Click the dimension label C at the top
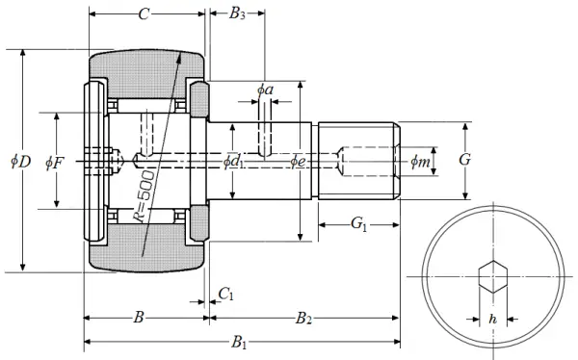coord(144,14)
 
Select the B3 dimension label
coord(237,14)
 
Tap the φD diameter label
coord(21,161)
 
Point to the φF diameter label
coord(55,162)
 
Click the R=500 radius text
coord(144,196)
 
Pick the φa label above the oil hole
coord(265,90)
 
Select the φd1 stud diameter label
coord(234,162)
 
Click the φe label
coord(298,162)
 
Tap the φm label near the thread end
coord(420,161)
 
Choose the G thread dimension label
coord(465,160)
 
